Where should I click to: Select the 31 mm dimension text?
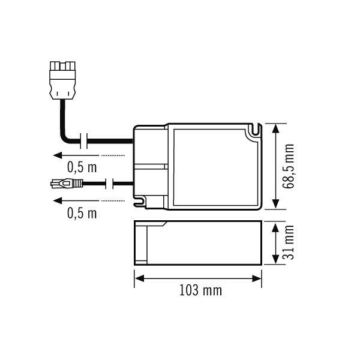point(290,243)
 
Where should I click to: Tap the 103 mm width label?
point(200,291)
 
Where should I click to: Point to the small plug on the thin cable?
point(63,183)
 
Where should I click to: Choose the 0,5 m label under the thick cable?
point(82,167)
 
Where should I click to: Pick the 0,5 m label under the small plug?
point(82,212)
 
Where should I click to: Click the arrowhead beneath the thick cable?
point(58,155)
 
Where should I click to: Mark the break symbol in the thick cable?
point(87,142)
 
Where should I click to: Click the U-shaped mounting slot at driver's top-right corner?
point(257,130)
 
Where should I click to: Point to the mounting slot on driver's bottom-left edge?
point(142,203)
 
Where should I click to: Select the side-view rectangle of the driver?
point(198,243)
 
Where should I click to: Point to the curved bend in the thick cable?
point(65,138)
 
